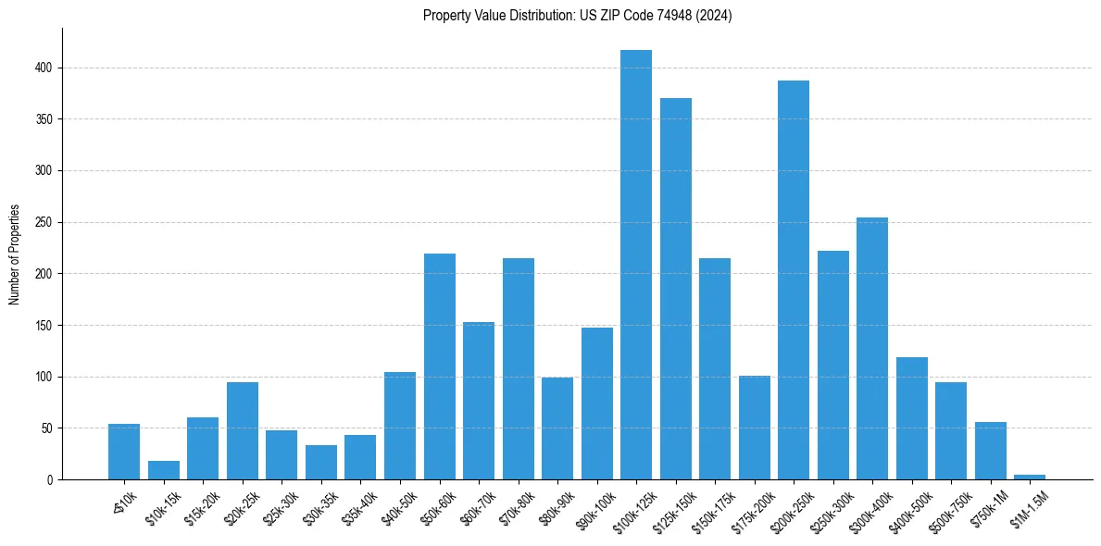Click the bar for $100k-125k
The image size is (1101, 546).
pyautogui.click(x=636, y=265)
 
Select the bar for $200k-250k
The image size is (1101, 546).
pyautogui.click(x=794, y=280)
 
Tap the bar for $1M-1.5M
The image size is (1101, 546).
pyautogui.click(x=1030, y=477)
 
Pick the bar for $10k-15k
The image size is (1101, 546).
pyautogui.click(x=164, y=470)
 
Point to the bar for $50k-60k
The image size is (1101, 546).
pyautogui.click(x=440, y=366)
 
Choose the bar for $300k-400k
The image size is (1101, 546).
pyautogui.click(x=872, y=349)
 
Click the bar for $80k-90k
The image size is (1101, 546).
pyautogui.click(x=557, y=428)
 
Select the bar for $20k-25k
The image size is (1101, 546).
pyautogui.click(x=243, y=431)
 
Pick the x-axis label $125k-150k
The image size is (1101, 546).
pyautogui.click(x=669, y=510)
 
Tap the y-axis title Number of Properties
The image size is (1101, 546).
pyautogui.click(x=15, y=254)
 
